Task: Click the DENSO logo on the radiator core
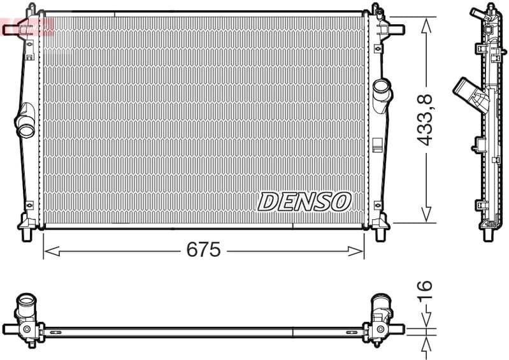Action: (x=304, y=202)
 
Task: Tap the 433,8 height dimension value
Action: (x=426, y=120)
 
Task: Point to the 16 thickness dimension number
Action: (x=425, y=291)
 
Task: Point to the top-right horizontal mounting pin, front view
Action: (x=396, y=29)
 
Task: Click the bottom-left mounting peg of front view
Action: (x=26, y=234)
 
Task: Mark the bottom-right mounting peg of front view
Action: (x=382, y=234)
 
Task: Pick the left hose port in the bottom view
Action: (x=28, y=306)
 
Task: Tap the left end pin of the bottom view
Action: (x=9, y=329)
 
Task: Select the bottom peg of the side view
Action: (x=488, y=233)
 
